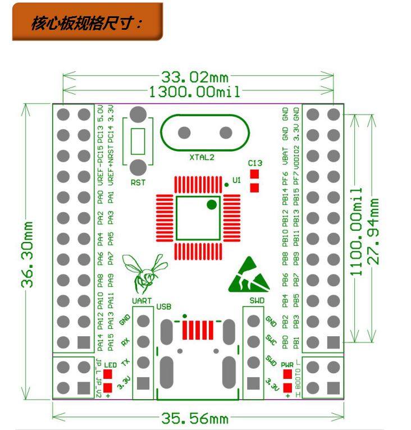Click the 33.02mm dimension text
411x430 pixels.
(195, 77)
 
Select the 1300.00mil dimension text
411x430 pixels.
(195, 91)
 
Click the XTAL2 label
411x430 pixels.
(202, 158)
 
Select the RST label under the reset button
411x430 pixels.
(138, 182)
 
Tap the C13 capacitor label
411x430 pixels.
(255, 163)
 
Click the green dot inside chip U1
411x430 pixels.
(211, 204)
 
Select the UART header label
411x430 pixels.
(142, 301)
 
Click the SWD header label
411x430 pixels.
(257, 301)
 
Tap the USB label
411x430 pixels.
(163, 307)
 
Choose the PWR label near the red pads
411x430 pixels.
(287, 364)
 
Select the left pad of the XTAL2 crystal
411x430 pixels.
(183, 133)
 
